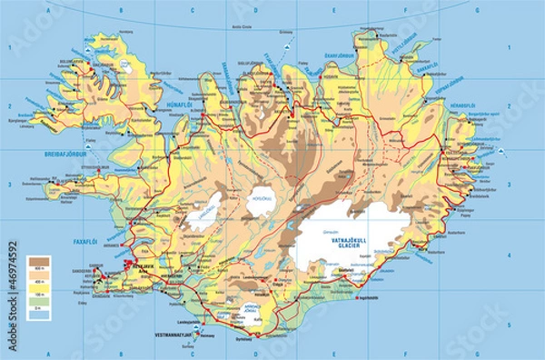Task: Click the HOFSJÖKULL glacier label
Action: (x=262, y=197)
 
